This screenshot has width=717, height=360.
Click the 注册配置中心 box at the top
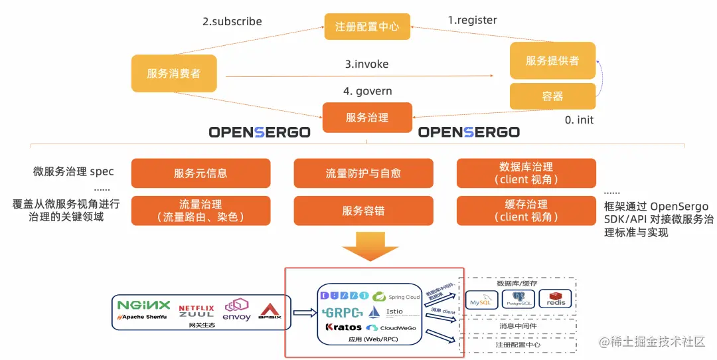tap(367, 27)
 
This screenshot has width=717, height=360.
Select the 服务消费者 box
tap(174, 73)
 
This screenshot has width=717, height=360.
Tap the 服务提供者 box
tap(552, 60)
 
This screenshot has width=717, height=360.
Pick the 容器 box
tap(552, 96)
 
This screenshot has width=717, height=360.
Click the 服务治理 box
tap(367, 118)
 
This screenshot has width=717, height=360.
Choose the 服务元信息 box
tap(200, 173)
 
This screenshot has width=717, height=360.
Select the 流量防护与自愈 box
tap(363, 173)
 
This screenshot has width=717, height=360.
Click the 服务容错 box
tap(363, 211)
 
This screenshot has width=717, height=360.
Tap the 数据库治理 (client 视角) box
tap(526, 173)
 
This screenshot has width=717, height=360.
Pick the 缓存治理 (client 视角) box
tap(526, 211)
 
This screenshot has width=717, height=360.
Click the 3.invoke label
tap(366, 64)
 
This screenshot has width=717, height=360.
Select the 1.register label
tap(472, 20)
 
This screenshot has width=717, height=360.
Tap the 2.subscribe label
tap(232, 21)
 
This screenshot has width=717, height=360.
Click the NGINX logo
tap(143, 305)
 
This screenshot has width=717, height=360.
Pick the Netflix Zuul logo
tap(197, 310)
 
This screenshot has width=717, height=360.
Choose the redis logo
tap(555, 298)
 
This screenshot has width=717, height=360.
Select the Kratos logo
tap(344, 327)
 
